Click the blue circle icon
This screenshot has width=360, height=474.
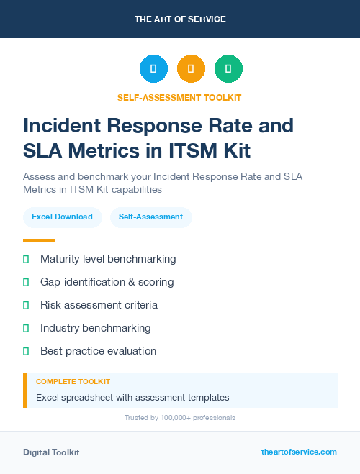click(153, 69)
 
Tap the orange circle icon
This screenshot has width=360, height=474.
click(191, 69)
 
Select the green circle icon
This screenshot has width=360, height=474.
click(228, 69)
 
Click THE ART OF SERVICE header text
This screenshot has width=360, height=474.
click(180, 19)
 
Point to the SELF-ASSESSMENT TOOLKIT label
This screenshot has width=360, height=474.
click(179, 97)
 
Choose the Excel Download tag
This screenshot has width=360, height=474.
click(62, 217)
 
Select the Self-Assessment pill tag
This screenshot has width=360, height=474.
click(150, 217)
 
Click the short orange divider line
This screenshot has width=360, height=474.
click(39, 240)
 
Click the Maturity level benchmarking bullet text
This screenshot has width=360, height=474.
click(108, 259)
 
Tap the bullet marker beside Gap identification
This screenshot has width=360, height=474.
click(26, 282)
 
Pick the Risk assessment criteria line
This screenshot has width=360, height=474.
click(99, 305)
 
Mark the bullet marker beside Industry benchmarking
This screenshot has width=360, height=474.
click(26, 328)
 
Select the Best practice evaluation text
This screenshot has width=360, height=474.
click(98, 351)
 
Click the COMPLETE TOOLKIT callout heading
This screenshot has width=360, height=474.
click(73, 382)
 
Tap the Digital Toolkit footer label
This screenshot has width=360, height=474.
click(51, 452)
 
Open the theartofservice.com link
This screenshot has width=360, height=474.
click(299, 452)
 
